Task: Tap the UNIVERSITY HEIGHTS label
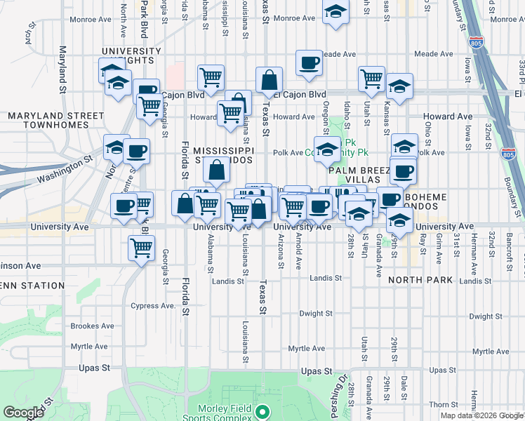pos(131,57)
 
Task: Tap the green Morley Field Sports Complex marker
pos(262,413)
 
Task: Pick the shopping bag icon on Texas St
pos(269,80)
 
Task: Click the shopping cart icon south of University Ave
pos(142,247)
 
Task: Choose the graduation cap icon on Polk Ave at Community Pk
pos(327,149)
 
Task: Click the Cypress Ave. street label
pos(153,306)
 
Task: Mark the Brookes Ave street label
pos(92,326)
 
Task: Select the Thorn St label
pos(444,404)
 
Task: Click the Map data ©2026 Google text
pos(481,415)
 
